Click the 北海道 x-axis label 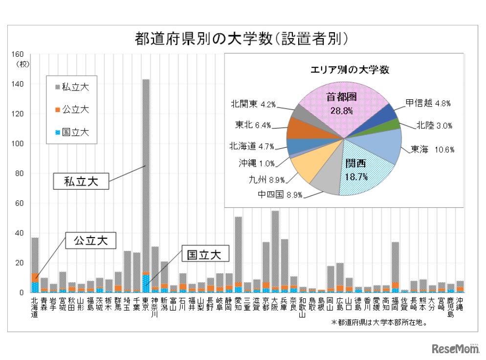35,307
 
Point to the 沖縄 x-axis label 460,304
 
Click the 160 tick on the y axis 18,54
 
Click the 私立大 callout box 81,181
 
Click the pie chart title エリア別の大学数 350,69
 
